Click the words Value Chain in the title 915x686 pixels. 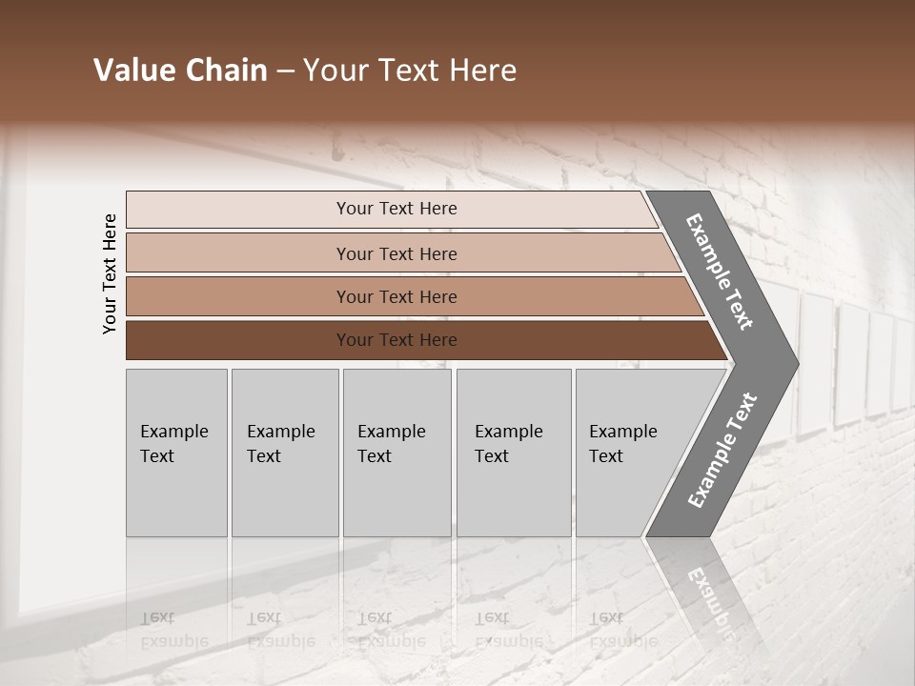point(180,71)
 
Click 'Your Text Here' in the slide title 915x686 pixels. point(410,71)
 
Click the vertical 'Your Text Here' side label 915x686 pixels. point(110,273)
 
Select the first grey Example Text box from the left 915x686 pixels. point(176,453)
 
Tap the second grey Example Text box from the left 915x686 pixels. point(284,453)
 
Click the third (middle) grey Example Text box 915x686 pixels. point(396,453)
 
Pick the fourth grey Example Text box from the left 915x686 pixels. point(514,453)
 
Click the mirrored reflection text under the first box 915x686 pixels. point(173,630)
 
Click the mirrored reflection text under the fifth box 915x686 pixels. point(622,630)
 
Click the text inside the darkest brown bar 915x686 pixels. point(396,340)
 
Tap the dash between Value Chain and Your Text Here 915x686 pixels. point(284,71)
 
